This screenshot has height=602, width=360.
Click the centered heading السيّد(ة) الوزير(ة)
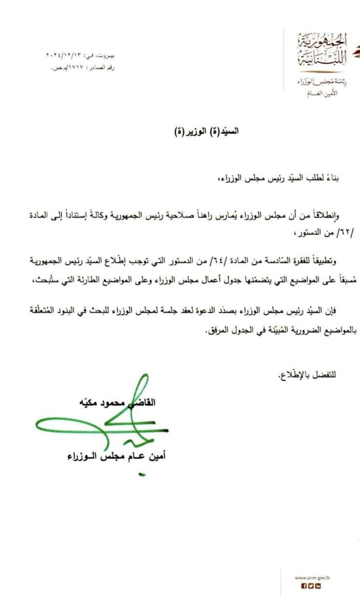[207, 131]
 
